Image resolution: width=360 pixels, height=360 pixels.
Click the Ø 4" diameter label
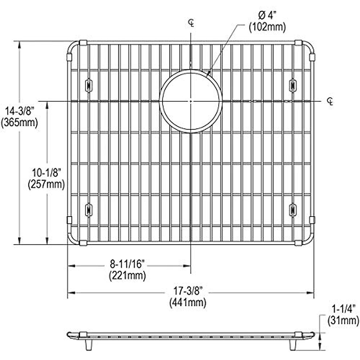(267, 16)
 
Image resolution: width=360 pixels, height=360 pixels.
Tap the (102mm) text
(267, 27)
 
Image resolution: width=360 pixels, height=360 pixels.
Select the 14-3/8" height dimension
(19, 111)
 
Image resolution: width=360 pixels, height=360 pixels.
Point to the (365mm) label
(19, 123)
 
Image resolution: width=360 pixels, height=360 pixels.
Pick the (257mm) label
(46, 184)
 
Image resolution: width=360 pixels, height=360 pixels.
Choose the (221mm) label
(127, 276)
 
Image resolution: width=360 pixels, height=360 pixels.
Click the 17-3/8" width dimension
(188, 291)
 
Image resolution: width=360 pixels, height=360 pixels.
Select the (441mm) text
(188, 302)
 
